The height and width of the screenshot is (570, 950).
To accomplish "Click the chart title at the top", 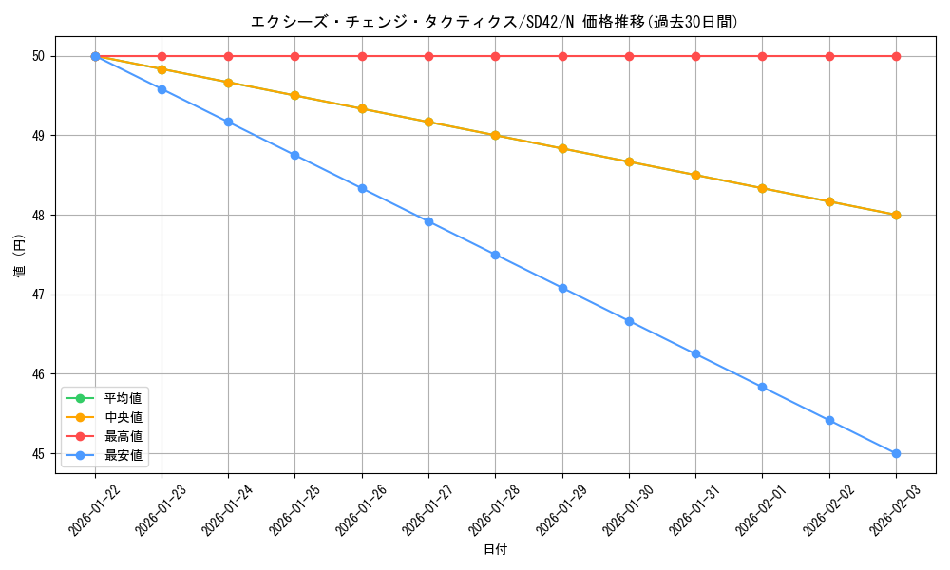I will [494, 22].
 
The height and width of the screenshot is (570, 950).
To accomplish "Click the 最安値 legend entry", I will [123, 455].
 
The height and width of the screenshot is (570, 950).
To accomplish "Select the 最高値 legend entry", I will [123, 436].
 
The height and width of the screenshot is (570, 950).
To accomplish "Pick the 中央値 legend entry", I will [123, 417].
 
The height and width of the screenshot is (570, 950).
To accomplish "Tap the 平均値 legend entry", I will [123, 398].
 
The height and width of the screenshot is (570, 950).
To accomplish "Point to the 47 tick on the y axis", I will [39, 294].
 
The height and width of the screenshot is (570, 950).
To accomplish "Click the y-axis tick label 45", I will [39, 453].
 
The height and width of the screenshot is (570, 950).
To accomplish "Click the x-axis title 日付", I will [495, 550].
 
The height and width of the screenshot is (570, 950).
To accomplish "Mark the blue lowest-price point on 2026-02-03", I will [896, 453].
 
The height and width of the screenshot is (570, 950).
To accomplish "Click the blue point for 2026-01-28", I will [495, 255].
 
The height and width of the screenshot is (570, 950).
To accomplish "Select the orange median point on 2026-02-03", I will [896, 215].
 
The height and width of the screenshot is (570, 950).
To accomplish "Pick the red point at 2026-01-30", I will [629, 56].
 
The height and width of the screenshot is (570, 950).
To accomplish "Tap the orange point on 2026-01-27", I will [428, 122].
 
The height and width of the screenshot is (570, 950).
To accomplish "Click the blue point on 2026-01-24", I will [228, 122].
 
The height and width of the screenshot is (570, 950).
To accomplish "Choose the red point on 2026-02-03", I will [896, 56].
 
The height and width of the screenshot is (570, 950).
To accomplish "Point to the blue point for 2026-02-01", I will [762, 387].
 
